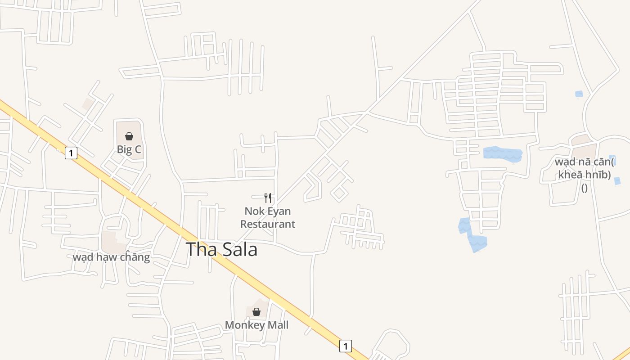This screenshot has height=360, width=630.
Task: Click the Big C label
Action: point(129,150)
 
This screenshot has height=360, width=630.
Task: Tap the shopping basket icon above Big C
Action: point(129,136)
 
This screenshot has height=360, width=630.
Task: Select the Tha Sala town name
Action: point(221,250)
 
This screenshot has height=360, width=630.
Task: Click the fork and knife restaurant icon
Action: point(268,198)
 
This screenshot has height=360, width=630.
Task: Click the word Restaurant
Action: point(268,224)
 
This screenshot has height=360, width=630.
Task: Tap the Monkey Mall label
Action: point(256,325)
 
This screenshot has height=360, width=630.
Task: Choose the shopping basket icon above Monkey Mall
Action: point(256,312)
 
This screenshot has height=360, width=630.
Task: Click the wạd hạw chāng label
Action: point(111,257)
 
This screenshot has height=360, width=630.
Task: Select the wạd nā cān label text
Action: point(585,162)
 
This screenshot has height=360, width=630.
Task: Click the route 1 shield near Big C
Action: point(71,153)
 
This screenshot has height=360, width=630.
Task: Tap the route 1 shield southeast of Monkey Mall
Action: point(345,346)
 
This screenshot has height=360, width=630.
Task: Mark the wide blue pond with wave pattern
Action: point(502,153)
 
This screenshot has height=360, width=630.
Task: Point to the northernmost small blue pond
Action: point(579,94)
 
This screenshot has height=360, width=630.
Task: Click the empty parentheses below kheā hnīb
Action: point(584,188)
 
